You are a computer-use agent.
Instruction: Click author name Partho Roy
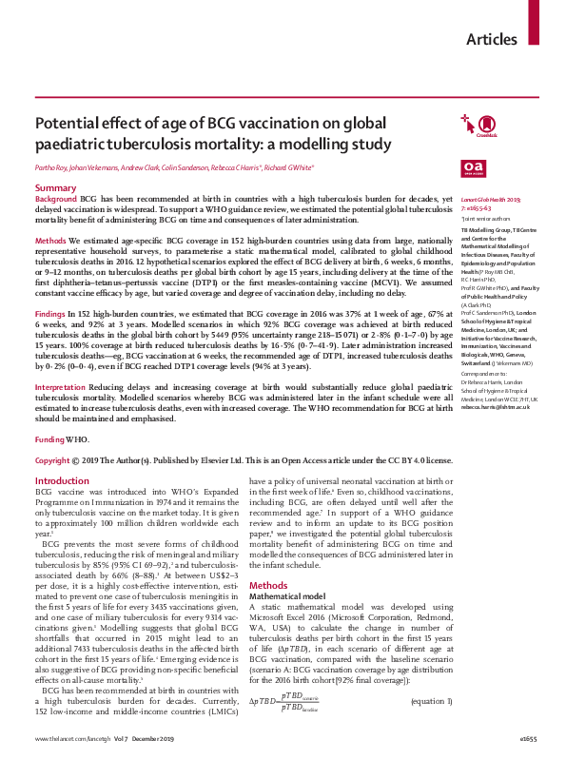(53, 167)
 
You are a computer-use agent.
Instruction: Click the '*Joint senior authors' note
(481, 218)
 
